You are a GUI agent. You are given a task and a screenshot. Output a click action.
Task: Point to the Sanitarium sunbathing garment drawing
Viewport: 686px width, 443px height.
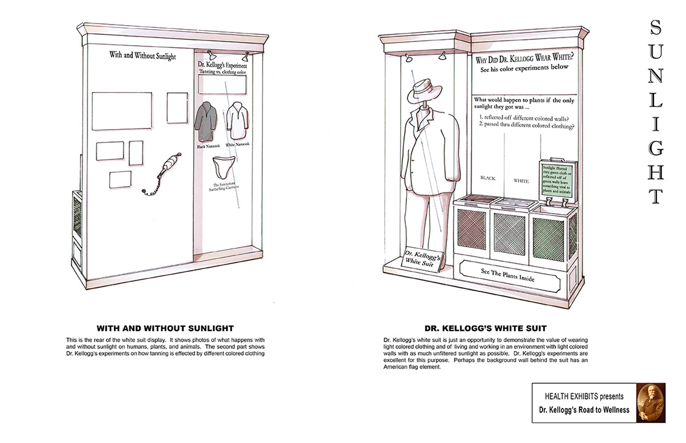click(x=226, y=167)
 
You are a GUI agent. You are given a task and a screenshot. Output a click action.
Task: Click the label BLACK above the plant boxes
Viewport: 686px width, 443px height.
click(x=488, y=178)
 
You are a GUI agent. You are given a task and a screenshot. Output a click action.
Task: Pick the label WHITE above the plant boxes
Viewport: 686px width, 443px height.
click(x=521, y=181)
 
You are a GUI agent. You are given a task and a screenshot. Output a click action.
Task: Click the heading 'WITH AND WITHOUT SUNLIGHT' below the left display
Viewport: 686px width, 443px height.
click(x=165, y=328)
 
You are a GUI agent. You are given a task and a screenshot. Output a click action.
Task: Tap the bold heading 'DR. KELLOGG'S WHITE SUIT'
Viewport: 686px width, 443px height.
click(x=485, y=328)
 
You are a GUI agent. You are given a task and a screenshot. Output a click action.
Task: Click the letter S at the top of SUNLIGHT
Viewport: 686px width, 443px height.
click(x=656, y=27)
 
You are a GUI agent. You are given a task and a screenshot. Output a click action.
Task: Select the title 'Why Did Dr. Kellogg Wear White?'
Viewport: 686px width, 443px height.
click(x=525, y=59)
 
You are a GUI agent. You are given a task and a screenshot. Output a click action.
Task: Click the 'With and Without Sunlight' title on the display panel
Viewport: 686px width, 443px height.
click(x=142, y=56)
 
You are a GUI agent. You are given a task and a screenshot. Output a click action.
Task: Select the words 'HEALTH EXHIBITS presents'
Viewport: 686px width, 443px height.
click(x=584, y=396)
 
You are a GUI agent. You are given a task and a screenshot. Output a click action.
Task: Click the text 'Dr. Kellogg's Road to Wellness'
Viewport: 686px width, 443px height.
click(x=584, y=410)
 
